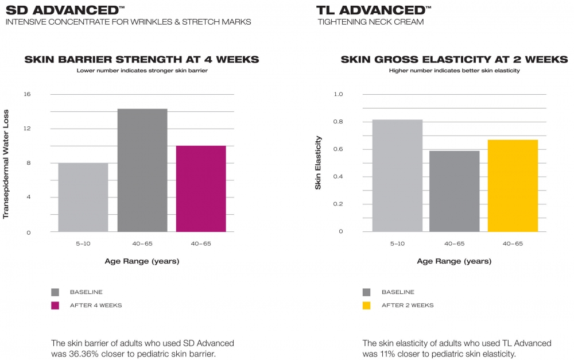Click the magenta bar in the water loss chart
pos(201,188)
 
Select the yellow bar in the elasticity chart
pos(513,185)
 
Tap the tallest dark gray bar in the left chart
pos(142,171)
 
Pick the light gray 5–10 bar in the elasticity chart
pos(398,176)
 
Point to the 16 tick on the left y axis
pos(27,94)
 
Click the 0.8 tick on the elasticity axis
pos(338,122)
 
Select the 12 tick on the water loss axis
pos(27,129)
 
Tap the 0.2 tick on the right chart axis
pos(338,204)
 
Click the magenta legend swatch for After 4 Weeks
pos(55,305)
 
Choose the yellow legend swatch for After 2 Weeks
pos(366,305)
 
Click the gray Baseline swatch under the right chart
pos(366,292)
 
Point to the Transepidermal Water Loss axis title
pos(6,164)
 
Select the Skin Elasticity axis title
pos(318,162)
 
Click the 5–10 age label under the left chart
pos(83,243)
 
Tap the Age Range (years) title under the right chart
pos(454,261)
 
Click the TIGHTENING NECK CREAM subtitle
pos(370,22)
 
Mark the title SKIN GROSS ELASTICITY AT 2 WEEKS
pos(454,59)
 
